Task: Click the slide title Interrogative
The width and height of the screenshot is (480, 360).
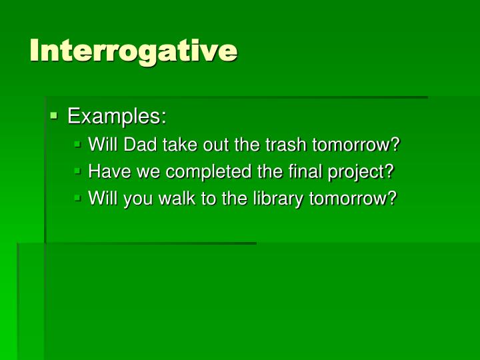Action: coord(133,51)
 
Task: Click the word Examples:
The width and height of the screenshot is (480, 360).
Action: coord(117,117)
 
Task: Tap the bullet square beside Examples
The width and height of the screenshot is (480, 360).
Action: coord(54,115)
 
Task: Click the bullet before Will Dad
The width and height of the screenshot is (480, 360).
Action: coord(78,143)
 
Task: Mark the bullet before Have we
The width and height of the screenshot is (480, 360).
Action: coord(78,171)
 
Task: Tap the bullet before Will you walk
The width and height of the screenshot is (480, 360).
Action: coord(78,197)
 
